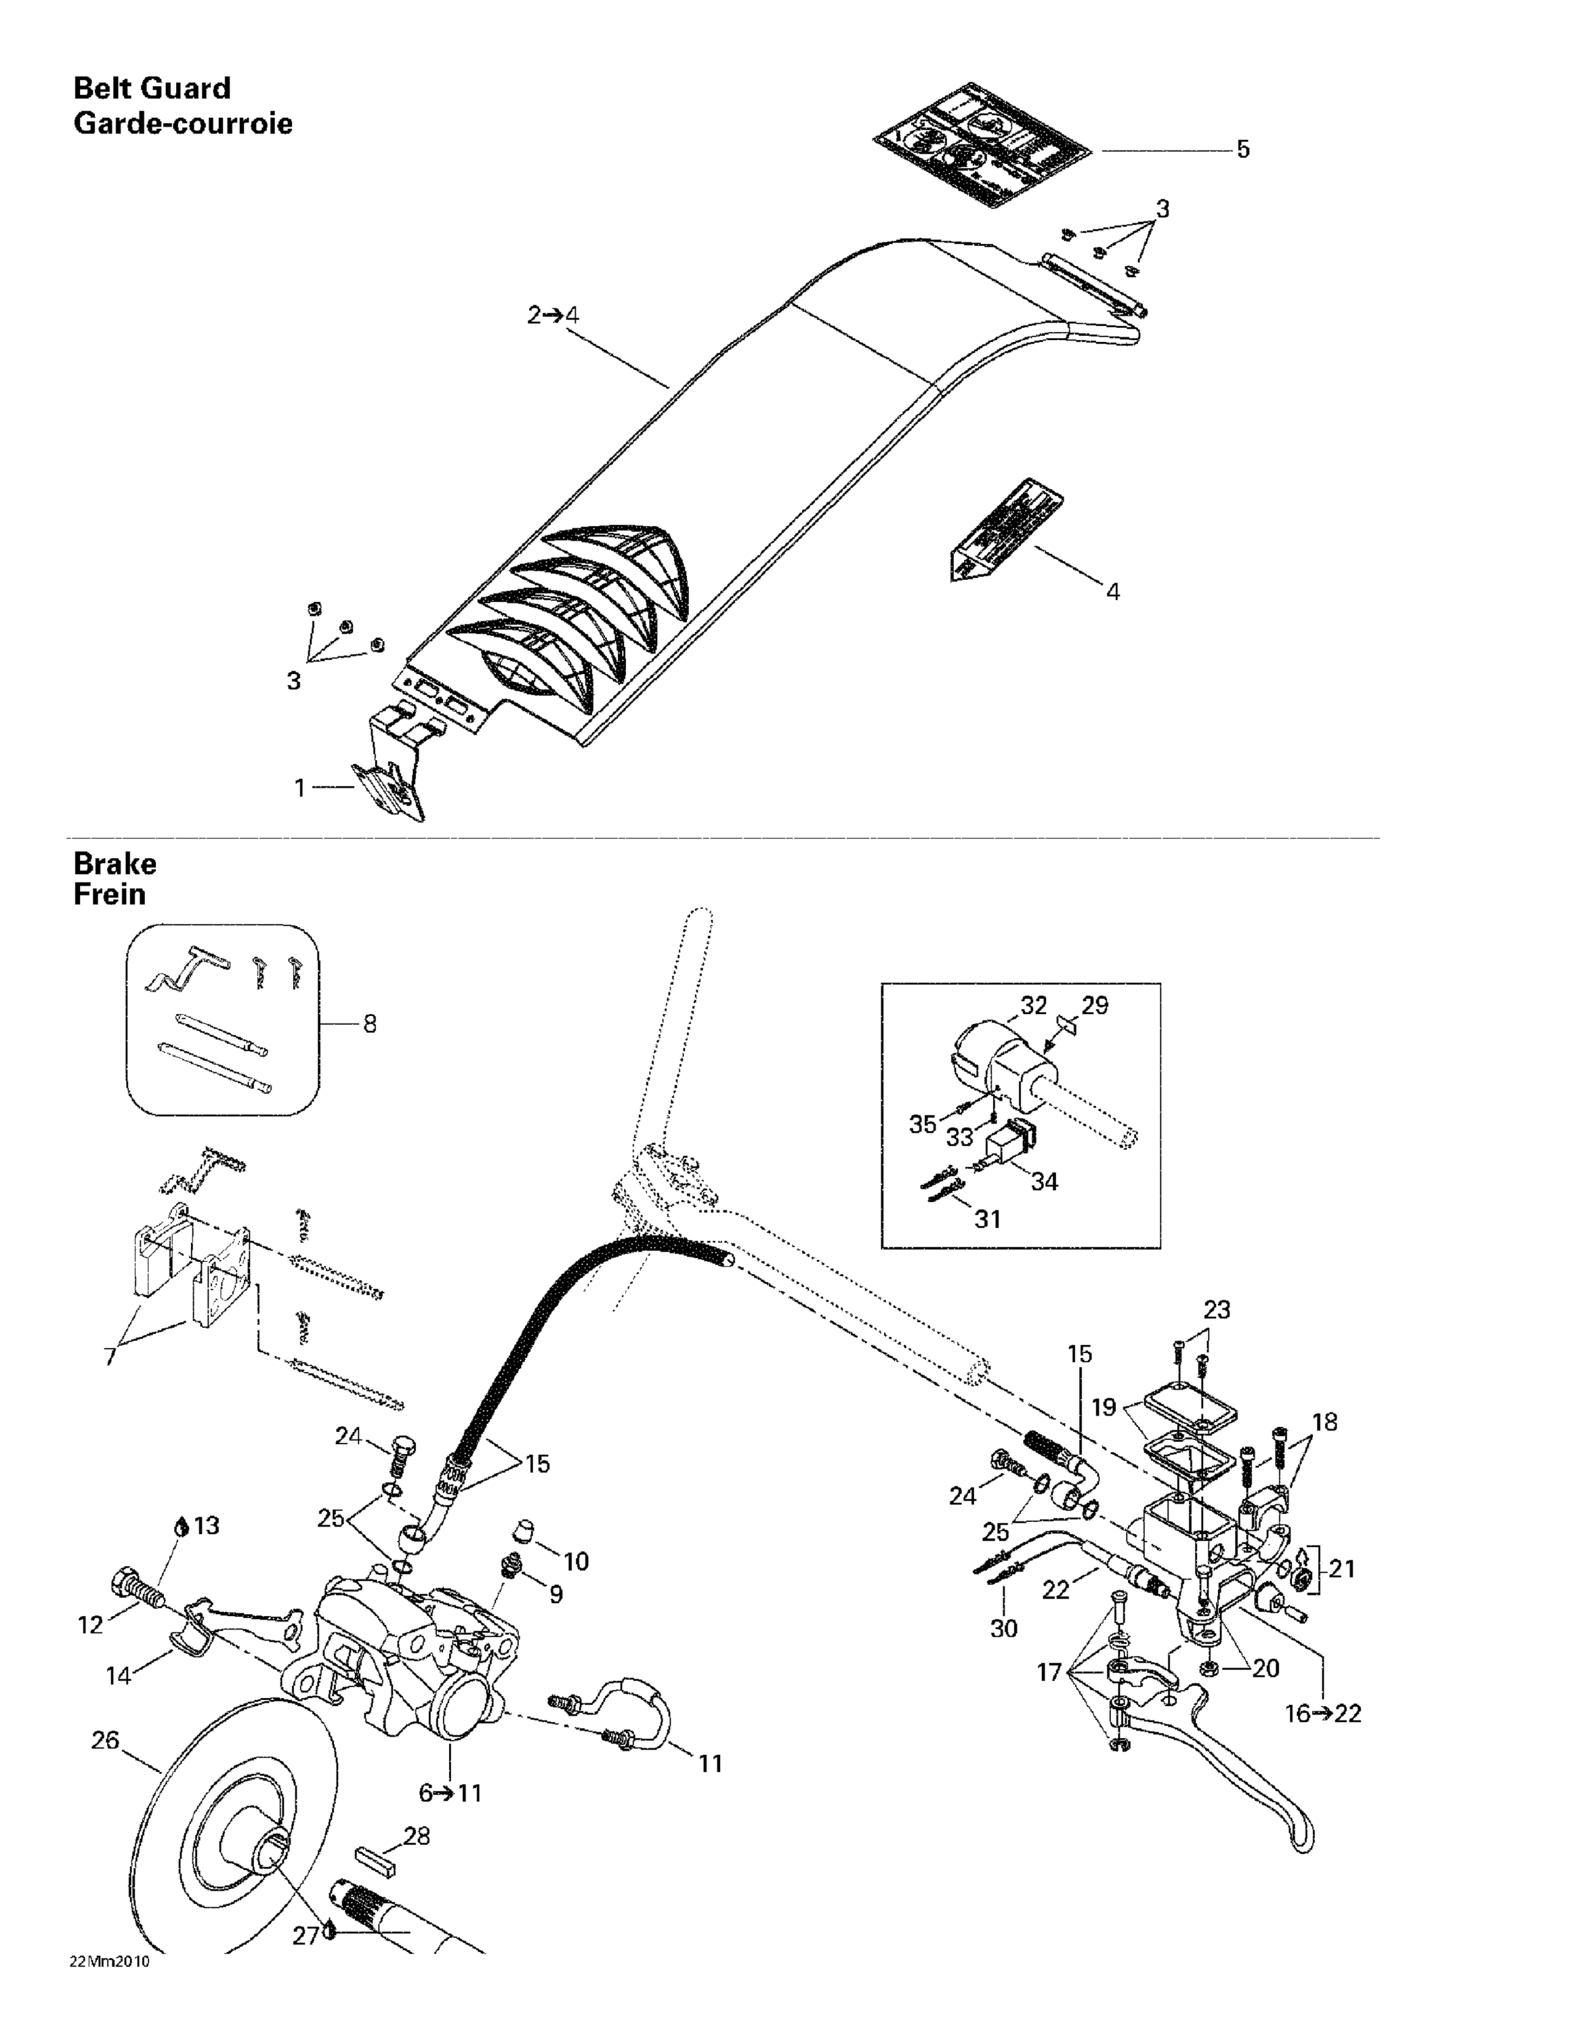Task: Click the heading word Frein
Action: (109, 895)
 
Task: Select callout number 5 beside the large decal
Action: (1242, 150)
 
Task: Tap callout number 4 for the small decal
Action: (1112, 592)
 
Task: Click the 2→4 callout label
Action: (553, 316)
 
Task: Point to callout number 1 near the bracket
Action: (299, 788)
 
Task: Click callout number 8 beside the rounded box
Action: (369, 1024)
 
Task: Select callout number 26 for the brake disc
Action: (105, 1740)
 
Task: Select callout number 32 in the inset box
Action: (1033, 1006)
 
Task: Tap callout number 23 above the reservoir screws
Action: (1217, 1310)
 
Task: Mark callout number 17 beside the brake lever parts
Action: (1049, 1673)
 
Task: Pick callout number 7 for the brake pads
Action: (110, 1357)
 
